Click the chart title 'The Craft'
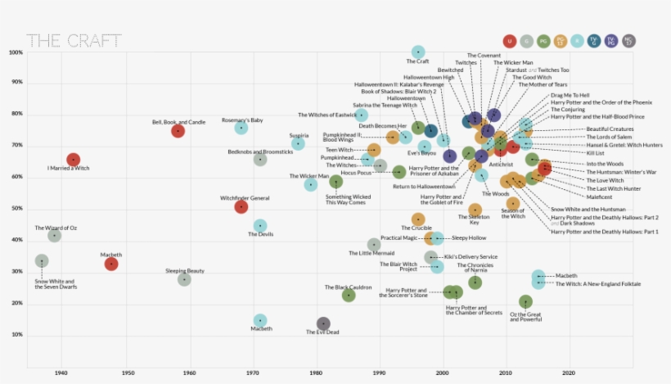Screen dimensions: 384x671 click(74, 40)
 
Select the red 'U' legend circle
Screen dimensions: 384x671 click(510, 41)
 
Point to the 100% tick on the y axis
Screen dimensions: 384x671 click(16, 53)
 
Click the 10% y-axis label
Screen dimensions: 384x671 click(16, 335)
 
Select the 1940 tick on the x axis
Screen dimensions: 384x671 click(61, 373)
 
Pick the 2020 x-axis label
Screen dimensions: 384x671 click(569, 373)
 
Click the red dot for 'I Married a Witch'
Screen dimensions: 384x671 click(73, 160)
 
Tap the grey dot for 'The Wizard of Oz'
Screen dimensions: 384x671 click(54, 236)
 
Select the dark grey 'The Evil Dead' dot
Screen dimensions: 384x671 click(323, 324)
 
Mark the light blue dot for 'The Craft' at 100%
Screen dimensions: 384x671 click(418, 52)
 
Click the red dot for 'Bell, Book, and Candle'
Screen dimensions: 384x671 click(178, 131)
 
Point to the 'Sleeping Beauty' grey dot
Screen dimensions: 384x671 click(184, 279)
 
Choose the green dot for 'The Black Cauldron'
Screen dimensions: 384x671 click(349, 296)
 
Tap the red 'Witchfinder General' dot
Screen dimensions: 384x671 click(241, 207)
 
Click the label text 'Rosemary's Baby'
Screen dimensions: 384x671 click(242, 120)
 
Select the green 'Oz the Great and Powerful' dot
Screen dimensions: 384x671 click(525, 302)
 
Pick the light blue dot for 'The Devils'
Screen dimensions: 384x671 click(260, 226)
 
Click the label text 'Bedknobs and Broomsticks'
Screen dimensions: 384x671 click(259, 151)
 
